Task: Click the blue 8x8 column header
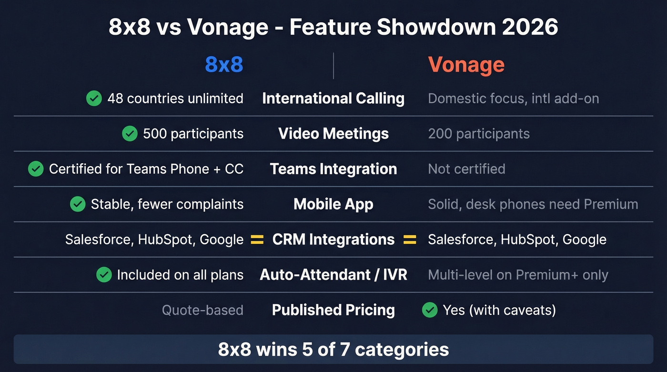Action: [224, 65]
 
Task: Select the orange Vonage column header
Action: [466, 65]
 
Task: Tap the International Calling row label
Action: [333, 99]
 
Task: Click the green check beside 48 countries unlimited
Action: [94, 99]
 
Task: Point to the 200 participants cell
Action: [478, 134]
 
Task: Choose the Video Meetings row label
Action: [333, 134]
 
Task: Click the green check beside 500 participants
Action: [130, 134]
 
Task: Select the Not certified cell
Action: [466, 169]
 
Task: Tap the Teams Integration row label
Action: [333, 169]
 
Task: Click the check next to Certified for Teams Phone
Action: [36, 169]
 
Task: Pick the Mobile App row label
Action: [333, 204]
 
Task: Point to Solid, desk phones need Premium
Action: [533, 204]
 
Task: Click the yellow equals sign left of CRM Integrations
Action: [257, 240]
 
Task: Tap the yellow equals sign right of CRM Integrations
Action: [410, 240]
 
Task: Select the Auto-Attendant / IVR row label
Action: [333, 275]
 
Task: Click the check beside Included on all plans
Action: [104, 275]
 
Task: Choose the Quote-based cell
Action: [202, 310]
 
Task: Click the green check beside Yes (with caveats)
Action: [430, 310]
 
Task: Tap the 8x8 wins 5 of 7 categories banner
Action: [333, 350]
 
